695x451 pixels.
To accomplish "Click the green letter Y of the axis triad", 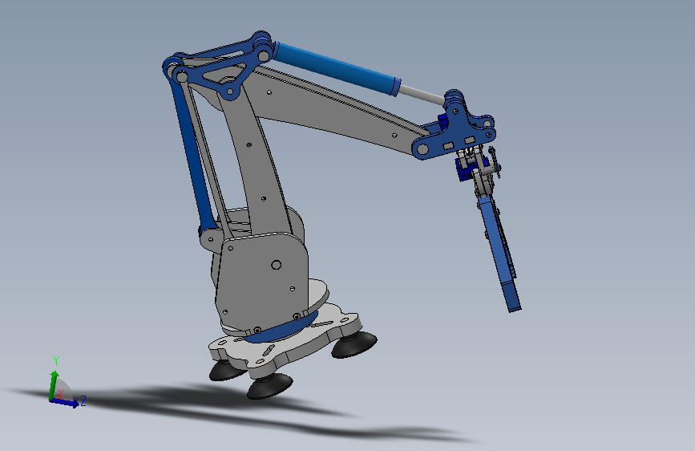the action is pyautogui.click(x=56, y=361).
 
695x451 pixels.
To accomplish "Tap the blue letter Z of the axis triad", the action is pyautogui.click(x=83, y=401).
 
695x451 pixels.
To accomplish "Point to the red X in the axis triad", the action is pyautogui.click(x=61, y=393).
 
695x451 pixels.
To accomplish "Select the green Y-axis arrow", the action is pyautogui.click(x=53, y=385).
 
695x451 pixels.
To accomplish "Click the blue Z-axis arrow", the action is pyautogui.click(x=65, y=402).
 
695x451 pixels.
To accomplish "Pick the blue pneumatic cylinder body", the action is pyautogui.click(x=337, y=68).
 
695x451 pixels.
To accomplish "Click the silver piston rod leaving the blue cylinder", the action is pyautogui.click(x=422, y=95).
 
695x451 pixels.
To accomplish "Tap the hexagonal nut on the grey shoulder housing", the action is pyautogui.click(x=276, y=265).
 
